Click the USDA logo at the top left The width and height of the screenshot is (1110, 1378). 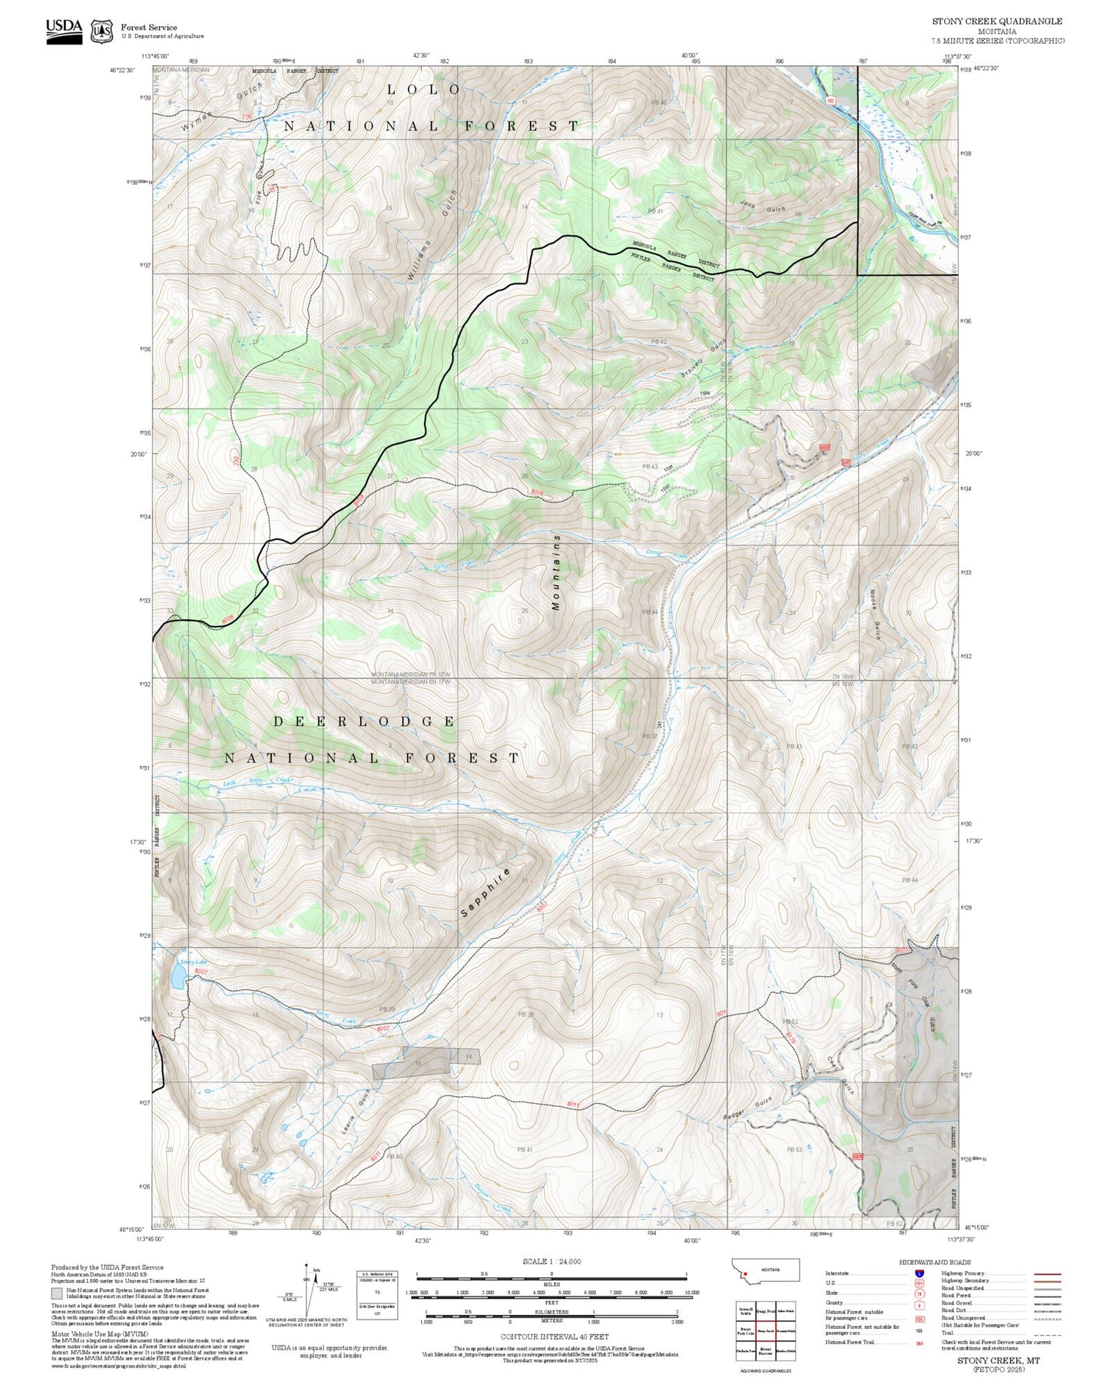[x=64, y=31]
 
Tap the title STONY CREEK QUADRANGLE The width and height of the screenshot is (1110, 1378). [x=997, y=21]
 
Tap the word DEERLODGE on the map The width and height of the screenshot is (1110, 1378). [x=365, y=721]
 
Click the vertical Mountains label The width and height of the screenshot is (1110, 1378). [x=556, y=572]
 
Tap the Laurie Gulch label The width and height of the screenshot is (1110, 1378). [x=356, y=1112]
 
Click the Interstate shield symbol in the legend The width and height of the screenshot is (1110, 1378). [x=919, y=1273]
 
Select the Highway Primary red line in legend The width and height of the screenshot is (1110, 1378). [x=1048, y=1273]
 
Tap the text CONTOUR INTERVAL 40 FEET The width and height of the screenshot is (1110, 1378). [x=554, y=1337]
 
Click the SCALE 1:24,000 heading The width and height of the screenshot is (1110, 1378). [x=551, y=1262]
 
